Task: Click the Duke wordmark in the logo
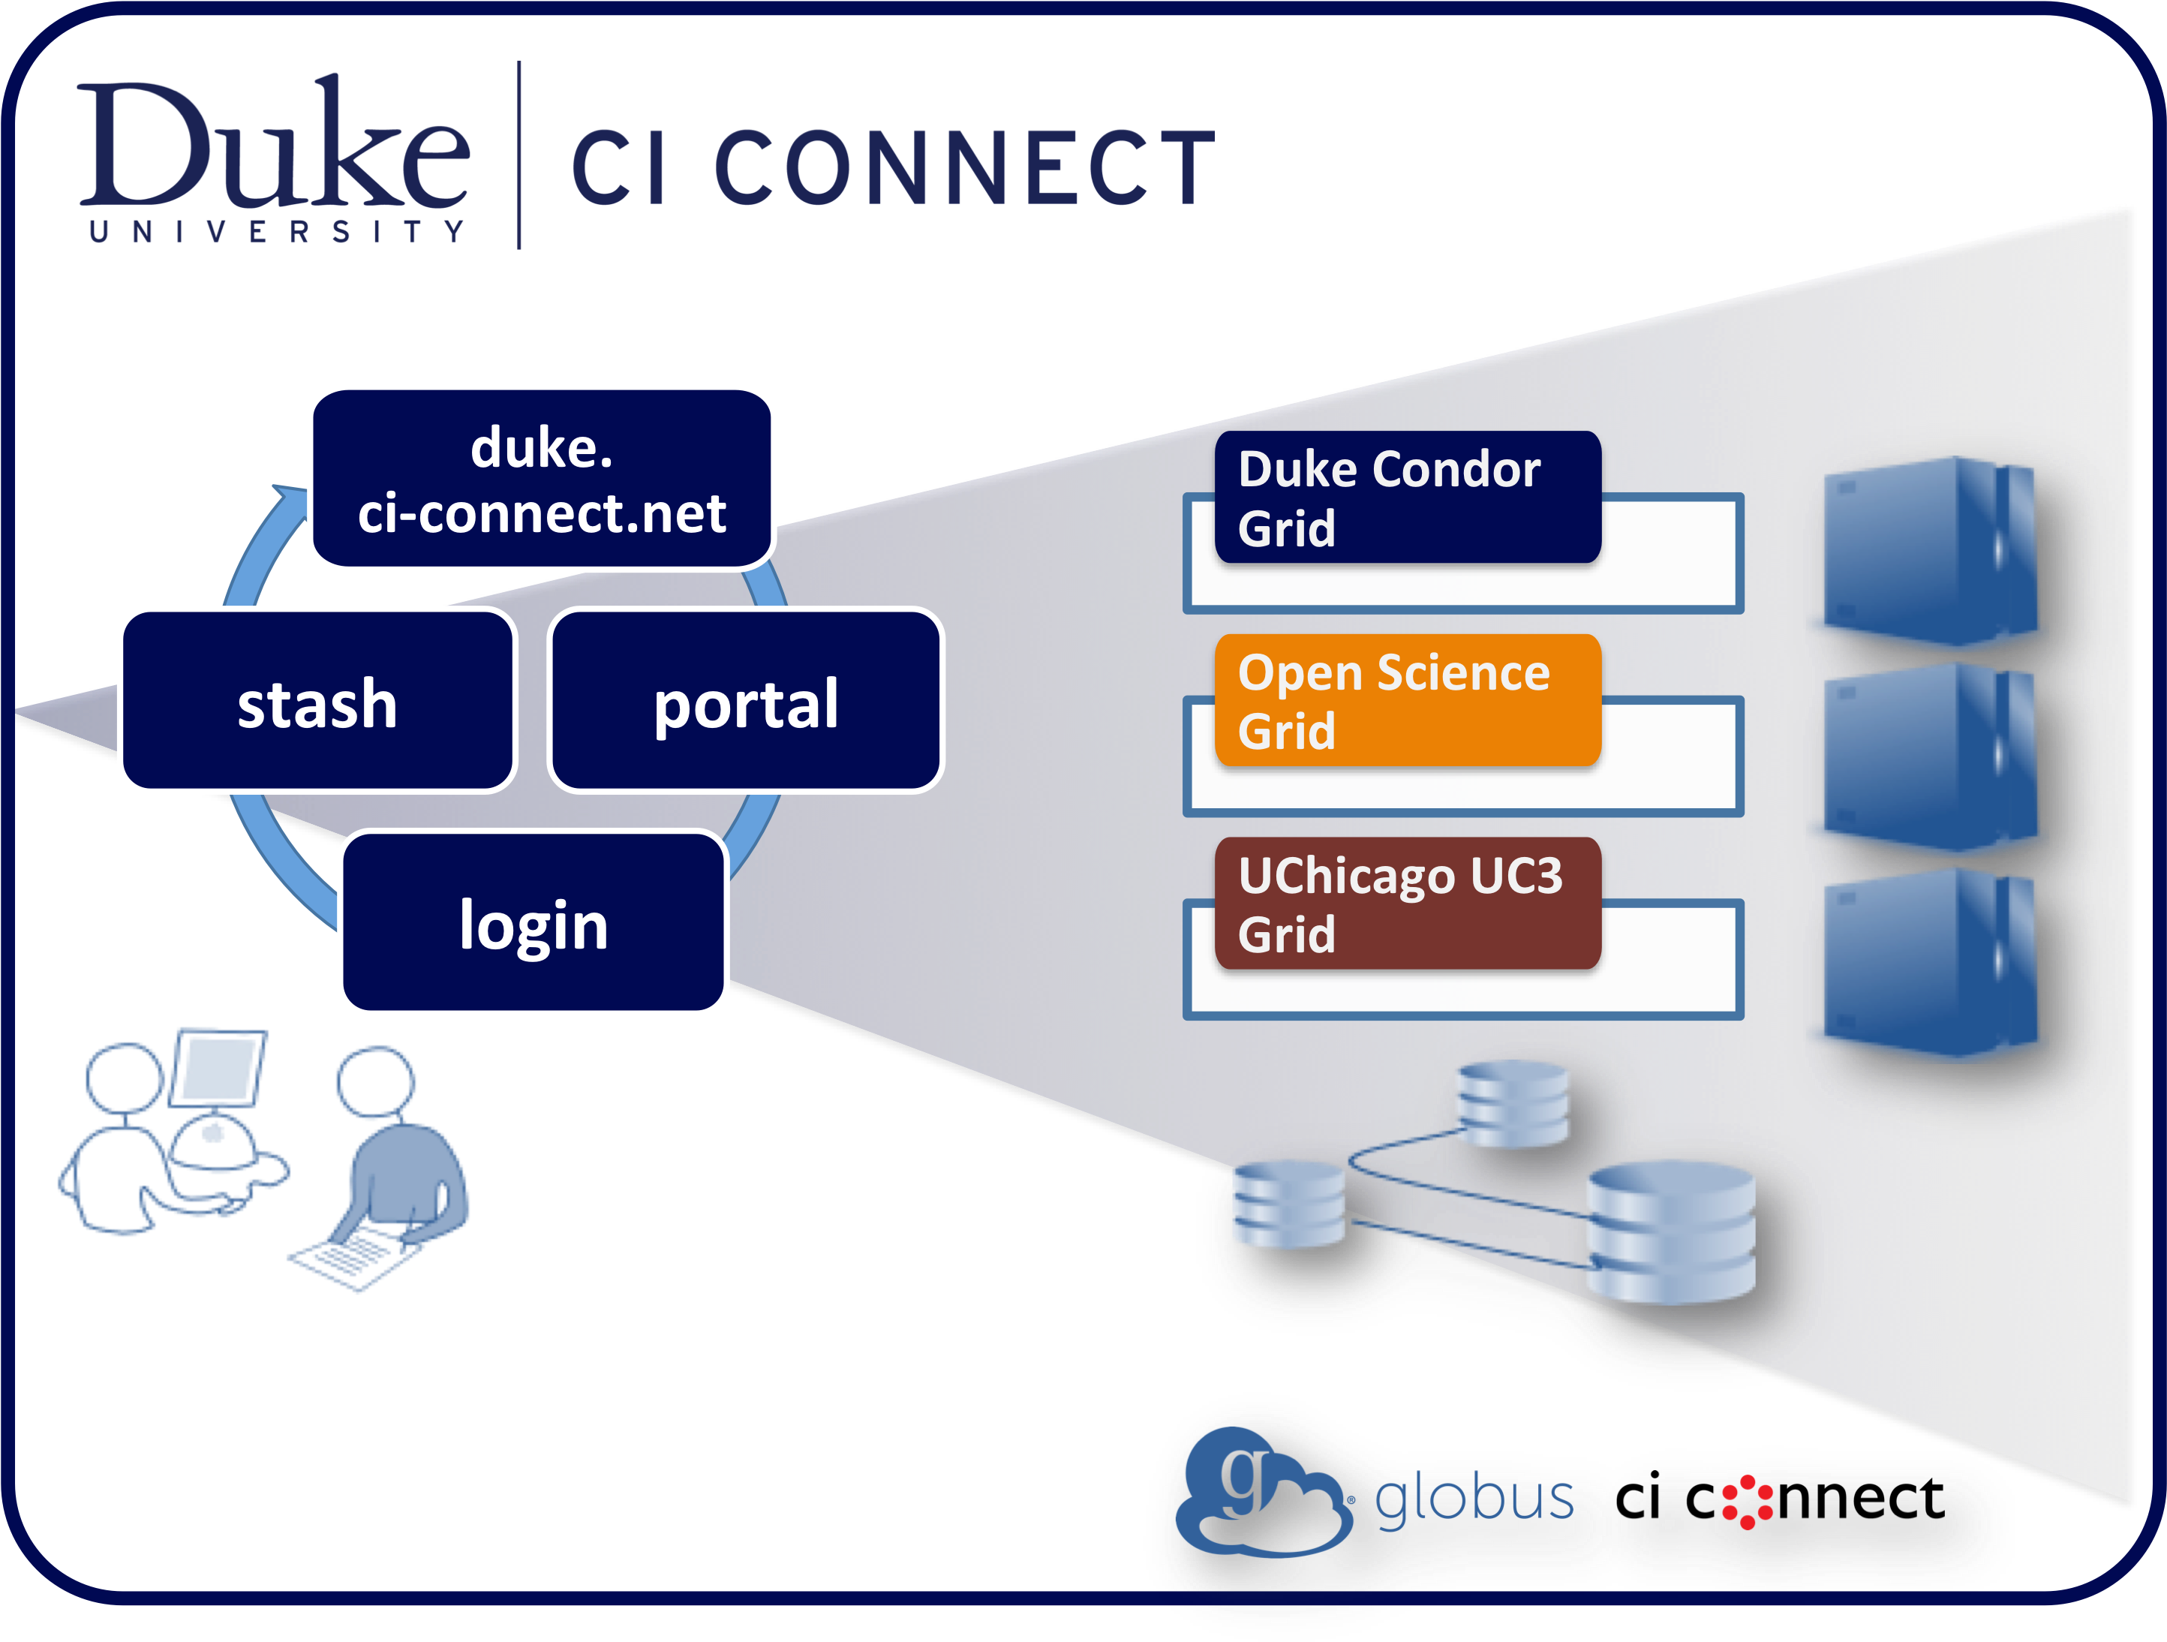click(275, 147)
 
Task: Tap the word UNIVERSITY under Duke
click(276, 232)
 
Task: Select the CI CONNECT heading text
click(891, 169)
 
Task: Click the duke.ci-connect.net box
click(542, 479)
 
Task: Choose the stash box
click(317, 702)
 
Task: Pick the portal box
click(746, 702)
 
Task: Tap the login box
click(534, 923)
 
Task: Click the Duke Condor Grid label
click(1407, 498)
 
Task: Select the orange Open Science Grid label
click(1407, 700)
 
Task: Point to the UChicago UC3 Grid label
click(1407, 904)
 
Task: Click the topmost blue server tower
click(1928, 552)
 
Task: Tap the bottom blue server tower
click(1928, 962)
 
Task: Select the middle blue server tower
click(1928, 756)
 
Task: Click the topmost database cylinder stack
click(1512, 1103)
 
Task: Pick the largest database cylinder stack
click(1670, 1232)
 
